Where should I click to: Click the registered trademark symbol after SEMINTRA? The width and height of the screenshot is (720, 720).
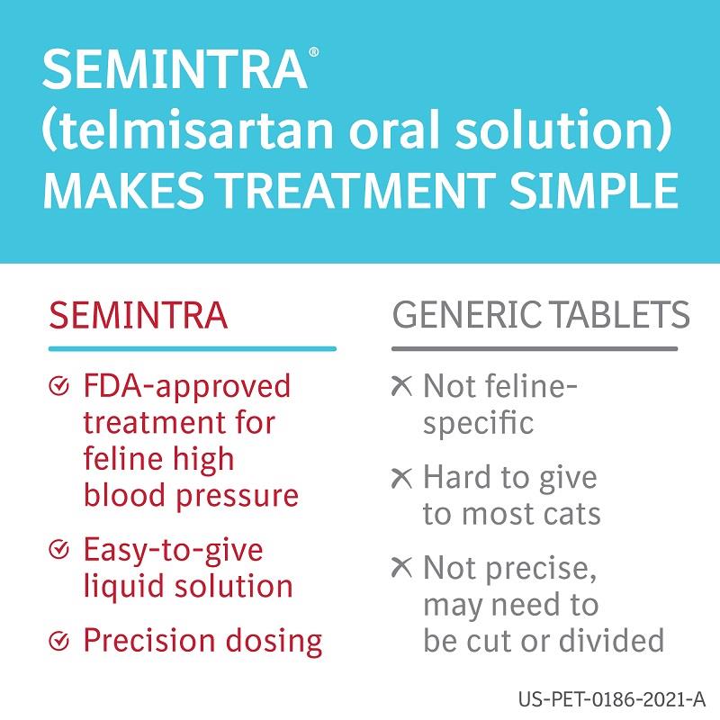(x=313, y=52)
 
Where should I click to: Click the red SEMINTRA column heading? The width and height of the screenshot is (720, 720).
(x=139, y=316)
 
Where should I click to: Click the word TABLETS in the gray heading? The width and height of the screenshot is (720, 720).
(x=620, y=315)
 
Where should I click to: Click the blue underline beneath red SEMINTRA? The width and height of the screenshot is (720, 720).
(x=193, y=349)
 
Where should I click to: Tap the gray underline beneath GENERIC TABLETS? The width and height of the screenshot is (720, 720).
(x=535, y=349)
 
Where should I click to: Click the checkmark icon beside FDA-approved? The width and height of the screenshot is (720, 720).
(x=58, y=386)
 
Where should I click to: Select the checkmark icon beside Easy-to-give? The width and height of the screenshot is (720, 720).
(x=58, y=549)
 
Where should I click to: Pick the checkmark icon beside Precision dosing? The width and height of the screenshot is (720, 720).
(x=58, y=641)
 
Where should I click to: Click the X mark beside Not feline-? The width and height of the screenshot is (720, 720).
(x=401, y=386)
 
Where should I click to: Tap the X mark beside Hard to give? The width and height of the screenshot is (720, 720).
(x=401, y=478)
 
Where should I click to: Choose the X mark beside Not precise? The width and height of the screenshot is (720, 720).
(x=401, y=568)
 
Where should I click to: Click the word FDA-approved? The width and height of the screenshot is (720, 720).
(x=187, y=388)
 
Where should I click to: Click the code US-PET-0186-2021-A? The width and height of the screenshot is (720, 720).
(x=612, y=699)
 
